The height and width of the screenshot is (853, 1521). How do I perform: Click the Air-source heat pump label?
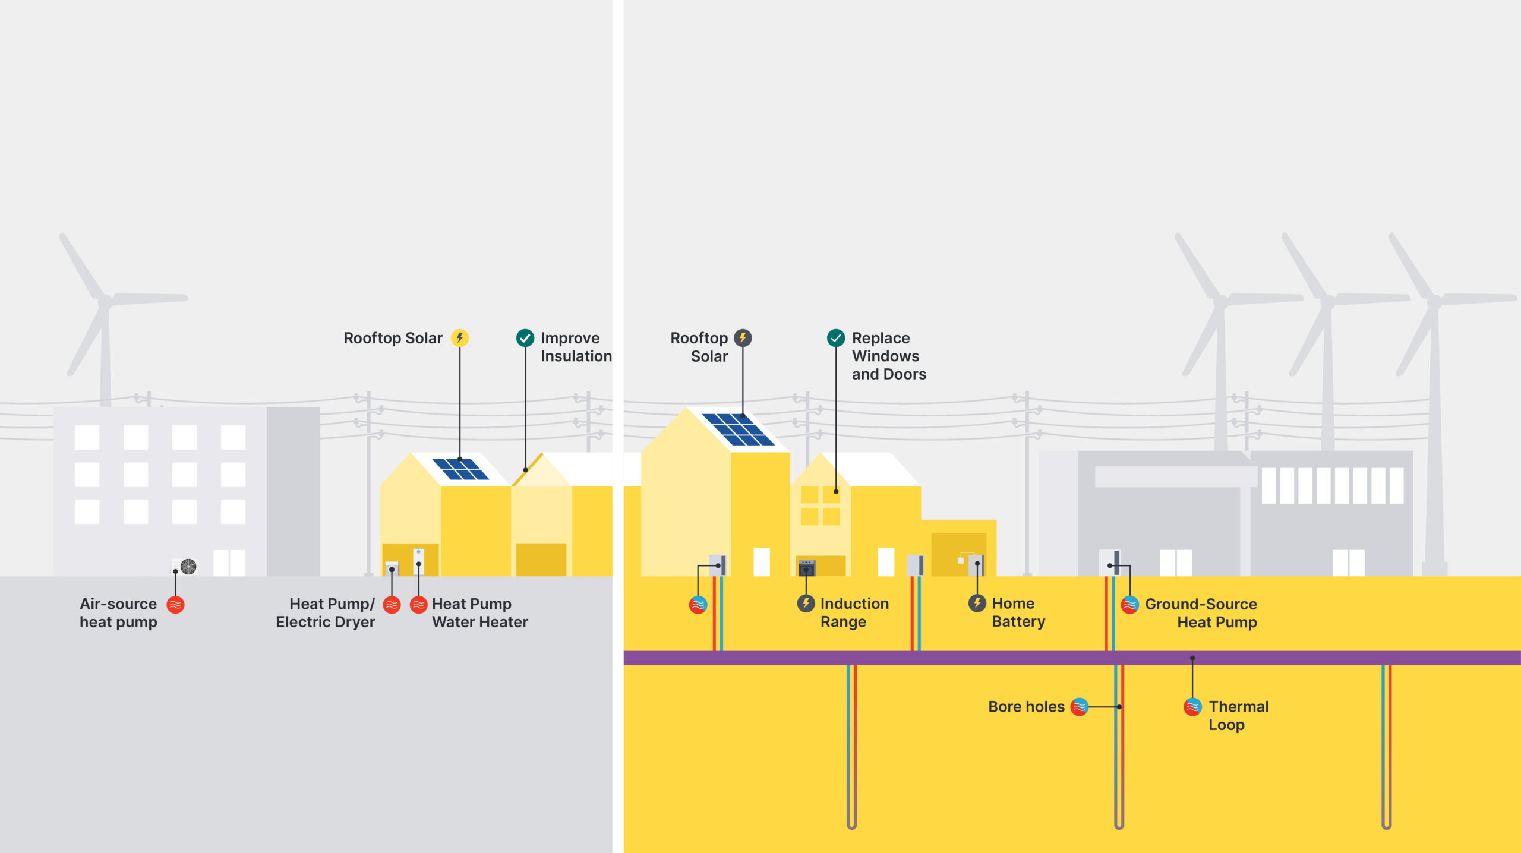pos(118,612)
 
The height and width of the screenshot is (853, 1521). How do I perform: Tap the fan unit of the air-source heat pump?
pos(188,566)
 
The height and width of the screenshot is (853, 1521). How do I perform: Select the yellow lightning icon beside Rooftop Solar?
pos(459,338)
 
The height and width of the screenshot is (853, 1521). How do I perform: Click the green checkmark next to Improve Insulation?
pos(525,338)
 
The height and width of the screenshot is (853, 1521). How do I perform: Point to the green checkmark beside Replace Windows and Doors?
pos(835,338)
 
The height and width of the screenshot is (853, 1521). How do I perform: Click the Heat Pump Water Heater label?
pos(479,612)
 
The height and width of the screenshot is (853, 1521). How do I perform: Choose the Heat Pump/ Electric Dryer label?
pos(326,612)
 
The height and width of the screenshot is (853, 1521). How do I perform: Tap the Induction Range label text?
pos(854,612)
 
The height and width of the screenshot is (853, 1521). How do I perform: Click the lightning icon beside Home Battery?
pos(977,604)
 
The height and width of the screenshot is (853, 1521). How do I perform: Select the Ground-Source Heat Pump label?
pos(1201,612)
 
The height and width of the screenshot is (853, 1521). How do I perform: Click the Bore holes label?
pos(1026,707)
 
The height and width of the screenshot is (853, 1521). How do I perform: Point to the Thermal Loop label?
pos(1238,715)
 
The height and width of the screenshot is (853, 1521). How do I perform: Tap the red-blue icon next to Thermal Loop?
pos(1192,707)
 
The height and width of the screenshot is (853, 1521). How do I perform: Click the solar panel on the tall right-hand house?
pos(738,429)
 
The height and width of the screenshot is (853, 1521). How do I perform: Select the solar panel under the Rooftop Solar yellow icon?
pos(460,469)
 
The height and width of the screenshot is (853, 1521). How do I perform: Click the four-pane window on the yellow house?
pos(820,506)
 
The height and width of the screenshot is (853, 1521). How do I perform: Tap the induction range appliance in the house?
pos(806,568)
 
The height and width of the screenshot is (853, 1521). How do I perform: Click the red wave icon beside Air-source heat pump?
pos(175,605)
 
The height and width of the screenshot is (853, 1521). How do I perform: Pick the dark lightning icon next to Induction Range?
pos(806,604)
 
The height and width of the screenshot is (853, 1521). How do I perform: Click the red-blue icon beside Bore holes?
pos(1079,707)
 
